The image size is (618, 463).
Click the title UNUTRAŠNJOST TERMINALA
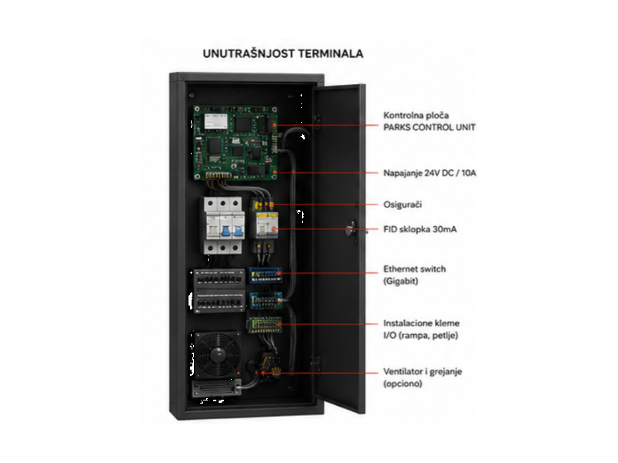tap(283, 53)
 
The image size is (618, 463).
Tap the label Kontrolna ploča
tap(416, 115)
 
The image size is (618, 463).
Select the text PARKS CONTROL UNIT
tap(430, 127)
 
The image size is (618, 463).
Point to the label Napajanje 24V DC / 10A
tap(430, 173)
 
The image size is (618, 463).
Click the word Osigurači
tap(402, 204)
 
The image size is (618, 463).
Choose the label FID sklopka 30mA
tap(419, 229)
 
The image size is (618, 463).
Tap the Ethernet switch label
tap(414, 269)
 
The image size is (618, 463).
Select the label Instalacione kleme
tap(421, 323)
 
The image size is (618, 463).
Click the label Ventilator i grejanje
tap(423, 372)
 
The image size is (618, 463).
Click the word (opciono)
tap(402, 384)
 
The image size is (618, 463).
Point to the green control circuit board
tap(236, 143)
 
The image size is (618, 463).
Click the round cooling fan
tap(217, 354)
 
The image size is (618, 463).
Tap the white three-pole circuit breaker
tap(222, 225)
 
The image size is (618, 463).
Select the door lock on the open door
tap(351, 229)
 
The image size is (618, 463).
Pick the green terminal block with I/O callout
tap(265, 325)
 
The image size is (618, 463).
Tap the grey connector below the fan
tap(217, 388)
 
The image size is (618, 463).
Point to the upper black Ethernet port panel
tap(219, 278)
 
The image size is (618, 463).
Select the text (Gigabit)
tap(400, 281)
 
